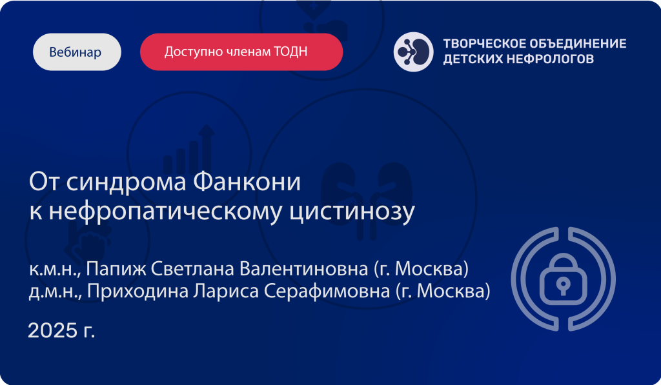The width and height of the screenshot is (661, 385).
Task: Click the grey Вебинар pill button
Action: pos(77,52)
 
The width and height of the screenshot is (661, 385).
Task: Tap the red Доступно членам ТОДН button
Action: pos(241,52)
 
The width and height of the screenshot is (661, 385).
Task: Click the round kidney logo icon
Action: pos(413,52)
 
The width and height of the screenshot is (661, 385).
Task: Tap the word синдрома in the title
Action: pos(127,183)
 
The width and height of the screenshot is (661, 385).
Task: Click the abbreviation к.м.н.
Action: pos(55,270)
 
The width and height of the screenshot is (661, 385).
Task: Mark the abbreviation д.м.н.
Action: pos(56,291)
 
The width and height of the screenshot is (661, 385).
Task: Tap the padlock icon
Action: pos(563,279)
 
